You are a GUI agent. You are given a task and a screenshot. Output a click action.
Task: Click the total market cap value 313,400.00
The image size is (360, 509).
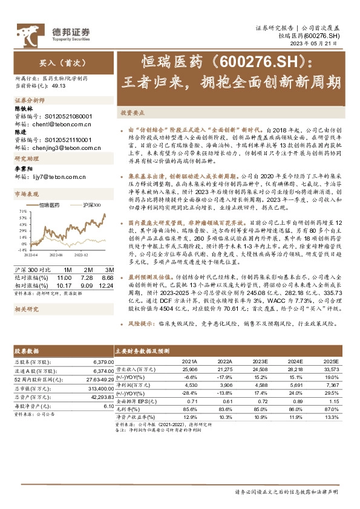[x=91, y=388]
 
